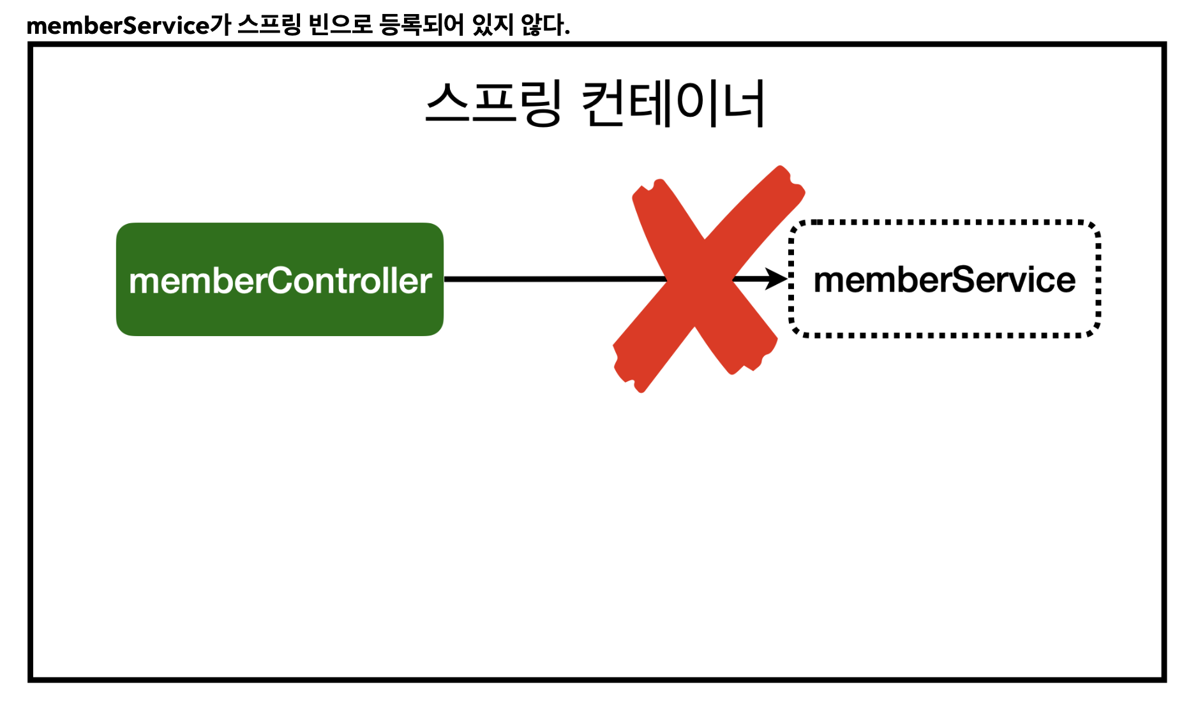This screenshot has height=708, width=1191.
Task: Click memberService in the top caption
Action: (118, 26)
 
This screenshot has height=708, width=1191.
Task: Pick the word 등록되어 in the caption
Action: (422, 26)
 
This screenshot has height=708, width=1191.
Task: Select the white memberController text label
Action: (280, 281)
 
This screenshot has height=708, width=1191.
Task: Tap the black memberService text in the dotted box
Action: (945, 280)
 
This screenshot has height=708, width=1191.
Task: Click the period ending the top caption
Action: (567, 33)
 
